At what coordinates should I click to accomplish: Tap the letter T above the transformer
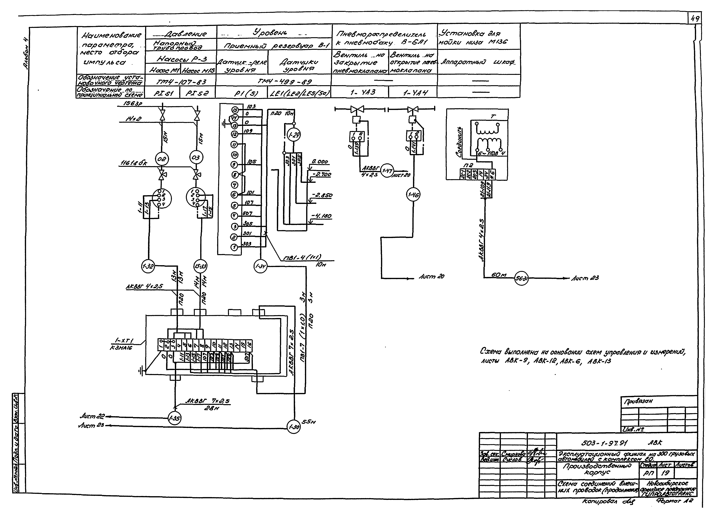click(x=493, y=116)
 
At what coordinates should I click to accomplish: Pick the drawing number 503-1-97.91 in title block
click(x=604, y=443)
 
